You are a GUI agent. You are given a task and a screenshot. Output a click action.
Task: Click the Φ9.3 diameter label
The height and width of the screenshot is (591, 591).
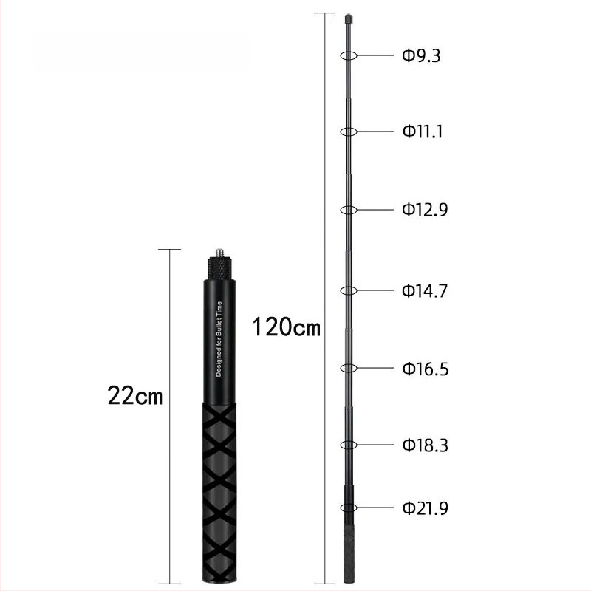pos(421,55)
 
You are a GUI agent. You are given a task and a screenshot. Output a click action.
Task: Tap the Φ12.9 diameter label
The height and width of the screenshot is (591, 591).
pos(425,210)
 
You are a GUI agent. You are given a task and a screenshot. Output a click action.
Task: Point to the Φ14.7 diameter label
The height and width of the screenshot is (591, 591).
pos(425,290)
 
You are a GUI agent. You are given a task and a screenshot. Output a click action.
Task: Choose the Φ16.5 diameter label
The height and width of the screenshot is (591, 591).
pos(425,368)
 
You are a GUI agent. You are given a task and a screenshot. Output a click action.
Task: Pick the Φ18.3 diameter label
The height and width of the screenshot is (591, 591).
pos(425,445)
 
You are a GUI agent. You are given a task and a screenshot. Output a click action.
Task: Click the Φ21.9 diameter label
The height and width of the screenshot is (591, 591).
pos(425,508)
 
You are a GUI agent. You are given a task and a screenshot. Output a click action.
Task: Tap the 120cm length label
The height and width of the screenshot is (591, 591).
pos(287,327)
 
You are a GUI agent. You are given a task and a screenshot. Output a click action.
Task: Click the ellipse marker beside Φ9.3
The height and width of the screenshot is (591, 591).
pos(349,55)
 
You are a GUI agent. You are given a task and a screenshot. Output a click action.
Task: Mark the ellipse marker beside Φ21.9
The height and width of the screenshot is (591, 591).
pos(349,508)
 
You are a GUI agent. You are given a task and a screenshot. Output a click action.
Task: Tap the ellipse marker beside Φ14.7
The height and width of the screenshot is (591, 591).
pos(349,290)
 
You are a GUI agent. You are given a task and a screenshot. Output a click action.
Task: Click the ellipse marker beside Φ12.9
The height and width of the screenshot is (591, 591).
pos(349,210)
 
